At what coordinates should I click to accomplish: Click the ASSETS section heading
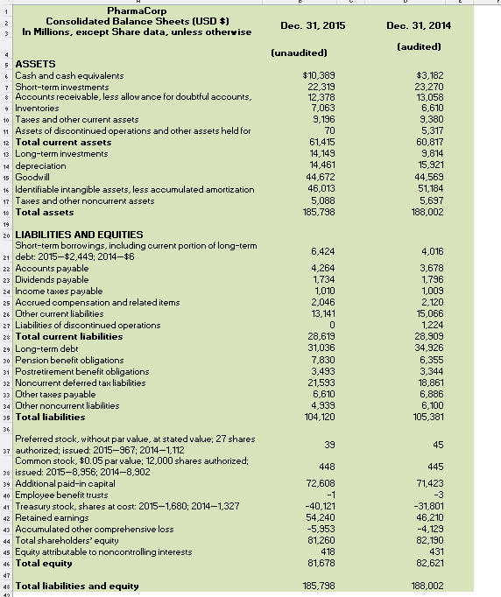36,65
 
